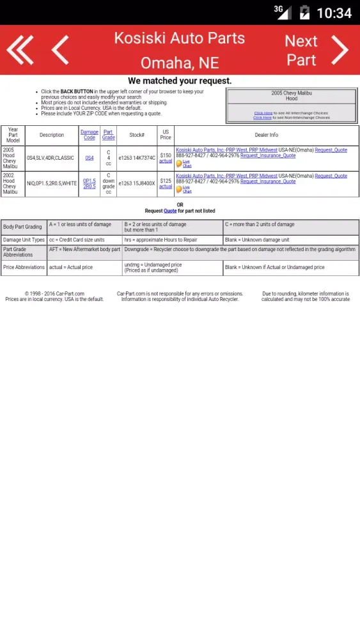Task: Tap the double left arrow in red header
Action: pyautogui.click(x=20, y=50)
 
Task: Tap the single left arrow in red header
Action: pyautogui.click(x=60, y=50)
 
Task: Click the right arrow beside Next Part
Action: pyautogui.click(x=340, y=50)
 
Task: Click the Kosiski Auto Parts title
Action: pyautogui.click(x=179, y=38)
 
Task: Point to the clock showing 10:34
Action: pyautogui.click(x=334, y=13)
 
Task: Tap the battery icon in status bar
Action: pyautogui.click(x=305, y=13)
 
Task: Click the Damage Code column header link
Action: pyautogui.click(x=90, y=135)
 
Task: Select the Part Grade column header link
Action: pyautogui.click(x=109, y=135)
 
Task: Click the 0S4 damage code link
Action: pyautogui.click(x=89, y=158)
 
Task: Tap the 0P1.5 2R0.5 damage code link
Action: pyautogui.click(x=89, y=183)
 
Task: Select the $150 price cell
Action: pyautogui.click(x=166, y=155)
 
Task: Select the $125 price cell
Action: pyautogui.click(x=166, y=181)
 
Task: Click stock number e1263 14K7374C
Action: pyautogui.click(x=137, y=158)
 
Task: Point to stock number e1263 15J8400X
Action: pyautogui.click(x=137, y=183)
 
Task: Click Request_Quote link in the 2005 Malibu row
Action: pyautogui.click(x=331, y=150)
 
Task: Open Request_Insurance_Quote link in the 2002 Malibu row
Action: pyautogui.click(x=268, y=181)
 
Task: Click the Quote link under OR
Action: pyautogui.click(x=170, y=211)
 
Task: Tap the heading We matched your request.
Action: pyautogui.click(x=180, y=81)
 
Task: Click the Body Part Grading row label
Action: pyautogui.click(x=22, y=227)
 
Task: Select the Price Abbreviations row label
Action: pyautogui.click(x=24, y=268)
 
